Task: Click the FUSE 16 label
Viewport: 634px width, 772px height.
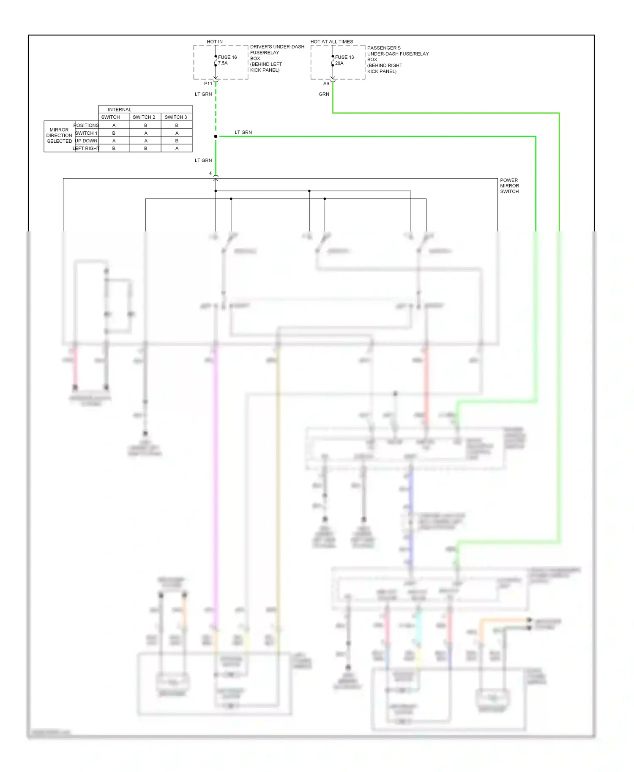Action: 227,57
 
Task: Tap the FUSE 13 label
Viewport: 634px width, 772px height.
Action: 344,57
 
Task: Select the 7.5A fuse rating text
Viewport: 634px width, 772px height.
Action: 223,63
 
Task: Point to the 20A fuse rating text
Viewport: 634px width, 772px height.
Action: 339,63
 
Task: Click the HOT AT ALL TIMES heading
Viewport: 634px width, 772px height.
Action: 331,41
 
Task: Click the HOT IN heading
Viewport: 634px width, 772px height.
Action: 214,41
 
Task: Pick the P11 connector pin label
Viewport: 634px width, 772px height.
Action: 208,84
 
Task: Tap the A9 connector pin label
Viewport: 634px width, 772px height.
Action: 326,84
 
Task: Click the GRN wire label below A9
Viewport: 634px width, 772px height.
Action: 324,94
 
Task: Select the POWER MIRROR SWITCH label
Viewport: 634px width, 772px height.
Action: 509,186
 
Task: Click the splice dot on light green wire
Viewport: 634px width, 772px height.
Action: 216,136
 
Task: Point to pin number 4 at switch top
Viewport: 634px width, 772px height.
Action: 210,174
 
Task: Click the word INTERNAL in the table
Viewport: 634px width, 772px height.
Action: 119,109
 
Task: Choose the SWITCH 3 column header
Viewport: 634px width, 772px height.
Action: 175,117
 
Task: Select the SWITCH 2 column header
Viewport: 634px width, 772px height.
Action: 144,117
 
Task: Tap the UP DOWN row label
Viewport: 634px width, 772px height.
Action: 86,141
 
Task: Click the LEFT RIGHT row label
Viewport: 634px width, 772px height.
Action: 86,148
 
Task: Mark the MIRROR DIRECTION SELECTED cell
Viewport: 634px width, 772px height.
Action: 59,136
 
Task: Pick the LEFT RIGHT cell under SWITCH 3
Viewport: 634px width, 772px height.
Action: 177,148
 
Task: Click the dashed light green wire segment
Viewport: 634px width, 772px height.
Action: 216,110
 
